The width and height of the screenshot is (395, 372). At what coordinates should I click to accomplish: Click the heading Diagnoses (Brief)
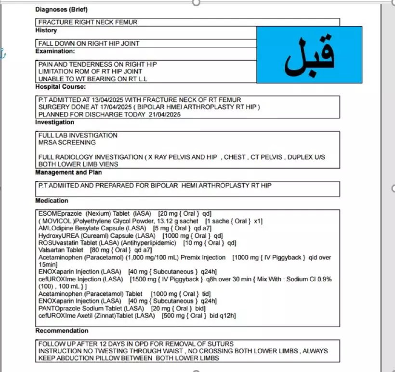(62, 9)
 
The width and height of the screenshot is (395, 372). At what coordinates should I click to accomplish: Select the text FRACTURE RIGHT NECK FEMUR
(88, 22)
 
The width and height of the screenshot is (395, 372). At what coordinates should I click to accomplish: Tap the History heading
(46, 30)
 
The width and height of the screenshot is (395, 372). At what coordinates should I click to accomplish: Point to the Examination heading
(55, 51)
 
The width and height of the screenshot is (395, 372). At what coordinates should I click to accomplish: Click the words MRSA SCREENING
(67, 143)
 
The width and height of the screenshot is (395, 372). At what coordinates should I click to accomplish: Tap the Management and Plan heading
(68, 172)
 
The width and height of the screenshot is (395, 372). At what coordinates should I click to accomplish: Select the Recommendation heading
(62, 331)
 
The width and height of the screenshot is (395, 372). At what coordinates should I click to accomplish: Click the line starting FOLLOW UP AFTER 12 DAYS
(136, 344)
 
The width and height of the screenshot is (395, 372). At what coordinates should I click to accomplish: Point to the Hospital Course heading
(60, 87)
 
